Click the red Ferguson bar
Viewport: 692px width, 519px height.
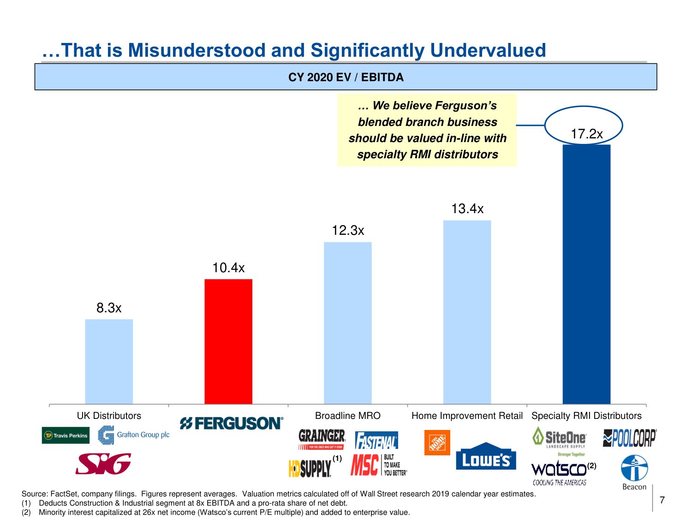[228, 341]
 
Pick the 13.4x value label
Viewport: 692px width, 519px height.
[467, 209]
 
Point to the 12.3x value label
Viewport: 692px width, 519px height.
[348, 230]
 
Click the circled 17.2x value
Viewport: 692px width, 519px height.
[586, 134]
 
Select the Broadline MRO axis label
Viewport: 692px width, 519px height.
[348, 416]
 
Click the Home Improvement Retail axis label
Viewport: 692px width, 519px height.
[467, 416]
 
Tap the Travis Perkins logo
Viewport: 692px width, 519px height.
[66, 435]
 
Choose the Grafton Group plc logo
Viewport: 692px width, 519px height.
[134, 435]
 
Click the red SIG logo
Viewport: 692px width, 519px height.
[103, 464]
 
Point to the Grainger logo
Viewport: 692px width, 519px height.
[322, 439]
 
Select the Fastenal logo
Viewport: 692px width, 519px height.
[376, 441]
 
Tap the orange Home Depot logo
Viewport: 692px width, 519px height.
[437, 442]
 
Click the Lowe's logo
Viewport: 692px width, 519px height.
[486, 458]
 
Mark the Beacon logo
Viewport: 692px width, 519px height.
[634, 472]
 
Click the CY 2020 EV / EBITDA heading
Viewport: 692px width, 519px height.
[346, 77]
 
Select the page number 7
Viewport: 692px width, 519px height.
[662, 500]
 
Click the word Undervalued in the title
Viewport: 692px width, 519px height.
[488, 50]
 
